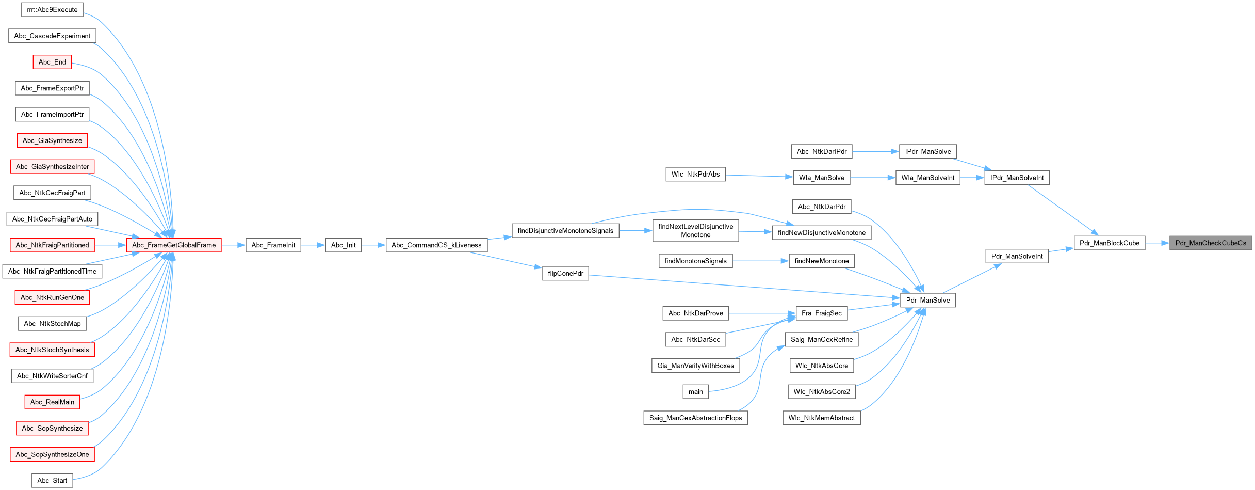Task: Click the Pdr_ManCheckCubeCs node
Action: tap(1210, 243)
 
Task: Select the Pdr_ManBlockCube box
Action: tap(1109, 243)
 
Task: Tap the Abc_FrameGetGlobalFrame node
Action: tap(174, 245)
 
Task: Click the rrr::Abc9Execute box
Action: tap(52, 10)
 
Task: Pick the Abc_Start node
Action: tap(52, 481)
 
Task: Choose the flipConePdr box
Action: tap(565, 274)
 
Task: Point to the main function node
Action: tap(695, 392)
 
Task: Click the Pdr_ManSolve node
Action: tap(927, 301)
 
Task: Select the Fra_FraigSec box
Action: tap(821, 313)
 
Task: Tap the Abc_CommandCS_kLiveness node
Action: tap(436, 245)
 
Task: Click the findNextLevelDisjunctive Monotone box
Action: tap(695, 231)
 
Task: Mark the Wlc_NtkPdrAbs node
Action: tap(695, 175)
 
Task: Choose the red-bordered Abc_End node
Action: tap(52, 62)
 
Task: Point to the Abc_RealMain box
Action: tap(52, 402)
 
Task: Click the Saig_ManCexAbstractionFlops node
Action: tap(695, 418)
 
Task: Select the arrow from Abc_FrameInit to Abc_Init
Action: tap(313, 245)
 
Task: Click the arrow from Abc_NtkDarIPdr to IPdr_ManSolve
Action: tap(875, 152)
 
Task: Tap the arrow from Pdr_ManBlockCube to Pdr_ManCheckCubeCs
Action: tap(1157, 243)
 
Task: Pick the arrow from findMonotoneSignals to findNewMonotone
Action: tap(760, 261)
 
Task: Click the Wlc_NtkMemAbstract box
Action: tap(821, 418)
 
